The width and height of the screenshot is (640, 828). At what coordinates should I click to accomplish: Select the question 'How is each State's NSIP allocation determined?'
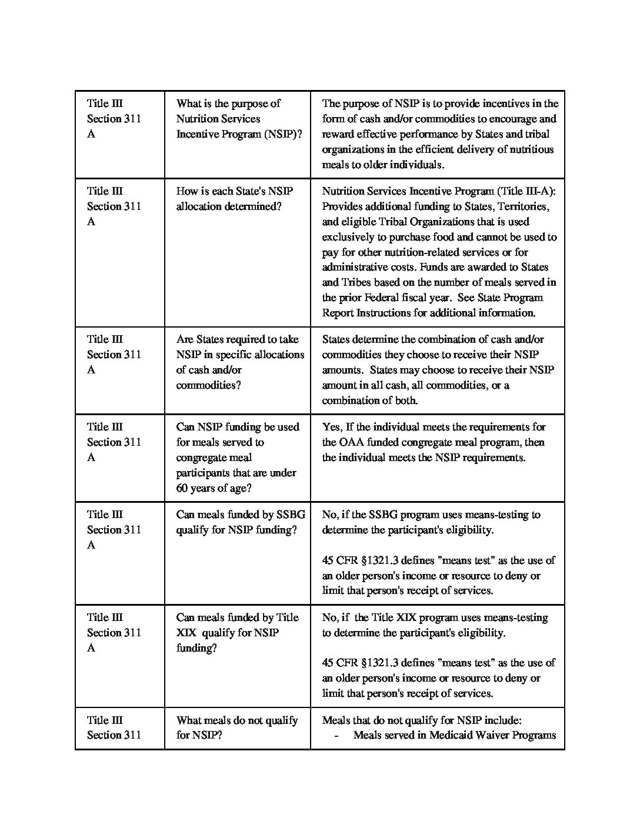click(x=235, y=199)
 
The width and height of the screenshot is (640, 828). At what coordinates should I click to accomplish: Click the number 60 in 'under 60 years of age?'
click(x=183, y=488)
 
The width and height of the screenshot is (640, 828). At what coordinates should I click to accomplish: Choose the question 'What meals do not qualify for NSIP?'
click(x=236, y=727)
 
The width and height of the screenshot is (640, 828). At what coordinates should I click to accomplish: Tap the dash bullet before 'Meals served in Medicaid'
click(x=336, y=735)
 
